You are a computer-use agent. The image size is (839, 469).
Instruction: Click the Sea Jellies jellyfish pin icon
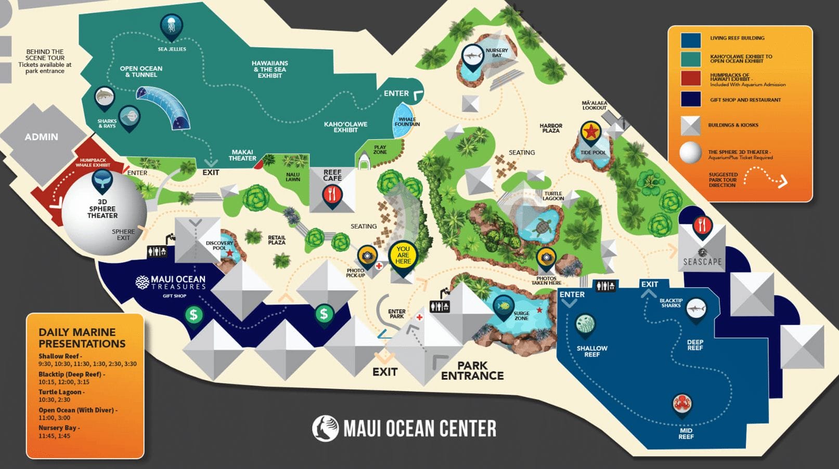point(171,25)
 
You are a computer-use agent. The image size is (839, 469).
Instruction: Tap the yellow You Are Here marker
point(403,255)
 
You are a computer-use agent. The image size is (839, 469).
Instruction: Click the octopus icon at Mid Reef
point(681,404)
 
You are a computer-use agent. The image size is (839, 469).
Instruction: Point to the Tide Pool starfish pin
point(591,132)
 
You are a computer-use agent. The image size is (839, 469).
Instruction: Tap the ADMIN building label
point(41,137)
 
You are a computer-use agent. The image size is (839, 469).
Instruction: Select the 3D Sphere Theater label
point(102,209)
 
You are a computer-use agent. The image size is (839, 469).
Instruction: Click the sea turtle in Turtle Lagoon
point(543,226)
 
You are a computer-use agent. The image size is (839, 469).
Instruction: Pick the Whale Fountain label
point(407,122)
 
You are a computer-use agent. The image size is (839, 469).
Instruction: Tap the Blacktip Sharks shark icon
point(696,309)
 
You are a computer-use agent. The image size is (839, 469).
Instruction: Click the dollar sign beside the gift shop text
point(193,315)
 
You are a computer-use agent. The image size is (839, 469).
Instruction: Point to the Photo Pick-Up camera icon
point(367,256)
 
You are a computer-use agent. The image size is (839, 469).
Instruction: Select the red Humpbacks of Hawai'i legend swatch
point(691,79)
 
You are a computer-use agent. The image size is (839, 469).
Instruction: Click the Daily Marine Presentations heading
point(82,338)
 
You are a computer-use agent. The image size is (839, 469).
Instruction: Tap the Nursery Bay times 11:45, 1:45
point(54,436)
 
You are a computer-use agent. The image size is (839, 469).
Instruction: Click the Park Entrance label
point(472,370)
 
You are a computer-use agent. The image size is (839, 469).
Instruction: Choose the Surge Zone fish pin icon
point(503,305)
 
